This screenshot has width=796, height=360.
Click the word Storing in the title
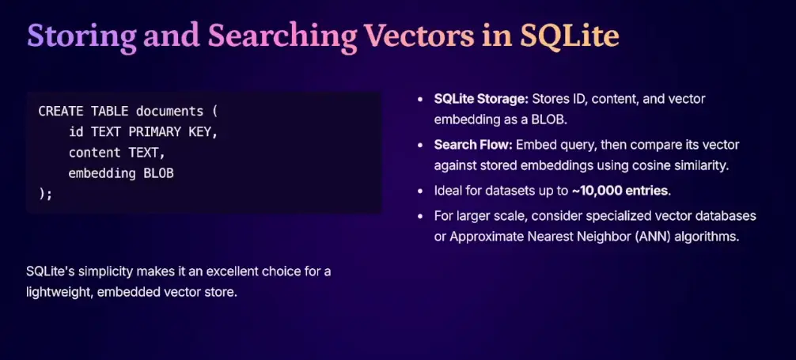(81, 36)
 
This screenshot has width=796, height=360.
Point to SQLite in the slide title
(570, 36)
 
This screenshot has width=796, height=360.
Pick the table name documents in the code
(169, 111)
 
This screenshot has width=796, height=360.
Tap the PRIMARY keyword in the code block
(154, 132)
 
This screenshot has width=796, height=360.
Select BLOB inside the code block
(158, 173)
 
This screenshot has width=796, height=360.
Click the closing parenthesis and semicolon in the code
(45, 194)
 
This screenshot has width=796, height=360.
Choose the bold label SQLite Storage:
(481, 99)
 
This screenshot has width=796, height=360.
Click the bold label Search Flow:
(474, 146)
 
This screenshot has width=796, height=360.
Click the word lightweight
(57, 293)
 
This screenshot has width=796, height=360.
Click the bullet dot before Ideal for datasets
(420, 191)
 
